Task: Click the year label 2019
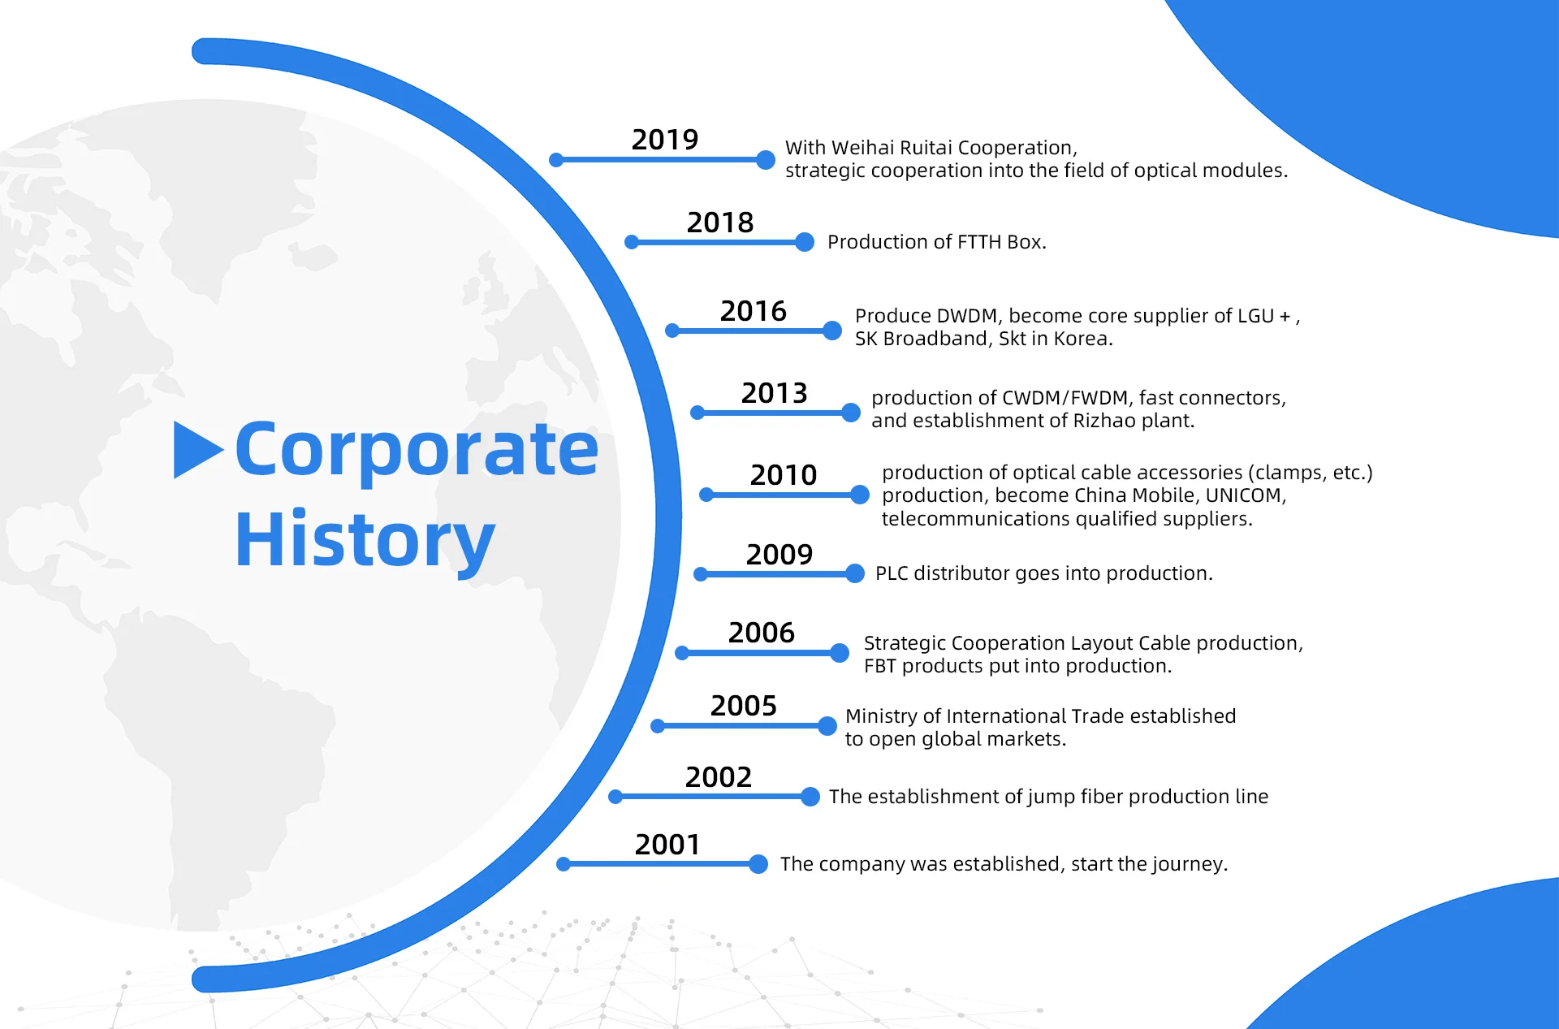pos(665,140)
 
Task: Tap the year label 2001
pos(667,845)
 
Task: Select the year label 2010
pos(784,475)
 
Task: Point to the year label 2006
pos(762,633)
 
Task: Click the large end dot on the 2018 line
pos(805,242)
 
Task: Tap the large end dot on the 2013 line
pos(851,413)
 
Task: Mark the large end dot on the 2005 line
pos(827,725)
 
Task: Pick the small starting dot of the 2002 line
pos(615,797)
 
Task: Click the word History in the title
pos(365,541)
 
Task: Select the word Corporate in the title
pos(417,449)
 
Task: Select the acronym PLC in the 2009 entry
pos(892,573)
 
